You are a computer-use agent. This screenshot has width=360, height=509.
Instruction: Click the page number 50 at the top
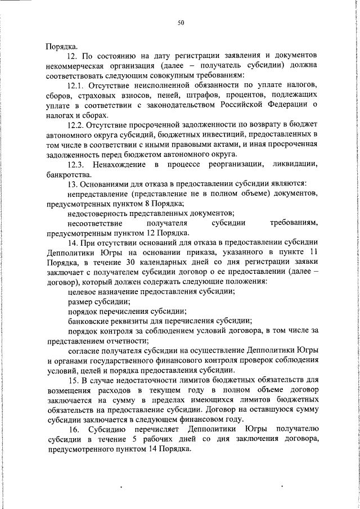[181, 22]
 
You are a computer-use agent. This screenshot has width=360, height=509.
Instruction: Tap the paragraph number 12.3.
[76, 164]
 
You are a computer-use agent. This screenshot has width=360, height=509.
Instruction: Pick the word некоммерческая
[74, 65]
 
